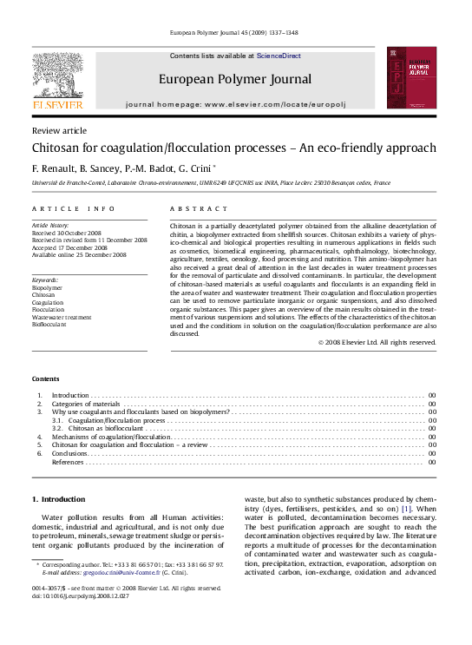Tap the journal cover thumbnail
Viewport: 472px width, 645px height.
coord(410,79)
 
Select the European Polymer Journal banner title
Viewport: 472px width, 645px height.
coord(235,79)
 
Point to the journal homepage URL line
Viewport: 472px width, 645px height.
coord(235,103)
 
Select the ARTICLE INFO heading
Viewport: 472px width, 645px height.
coord(73,209)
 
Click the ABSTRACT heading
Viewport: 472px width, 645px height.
coord(199,209)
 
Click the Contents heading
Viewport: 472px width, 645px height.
coord(46,379)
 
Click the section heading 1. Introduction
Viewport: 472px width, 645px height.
coord(58,499)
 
